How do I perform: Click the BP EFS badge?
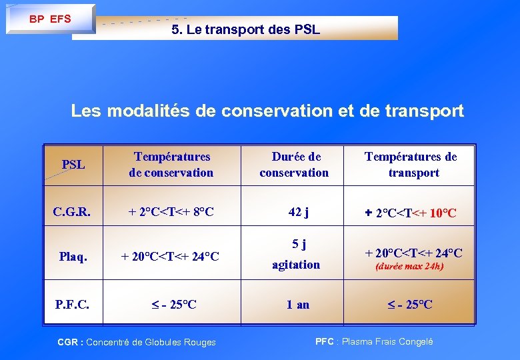click(x=50, y=19)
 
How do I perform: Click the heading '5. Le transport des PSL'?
click(x=245, y=29)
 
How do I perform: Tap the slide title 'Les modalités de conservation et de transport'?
click(x=267, y=111)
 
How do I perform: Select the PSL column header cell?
click(x=73, y=164)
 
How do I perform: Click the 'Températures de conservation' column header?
click(x=171, y=165)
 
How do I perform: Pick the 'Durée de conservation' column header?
click(x=294, y=165)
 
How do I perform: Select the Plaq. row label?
click(x=73, y=257)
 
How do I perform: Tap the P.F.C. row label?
click(x=73, y=304)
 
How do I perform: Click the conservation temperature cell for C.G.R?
click(x=171, y=213)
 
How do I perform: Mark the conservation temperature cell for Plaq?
click(x=171, y=257)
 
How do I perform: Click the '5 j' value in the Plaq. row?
click(x=296, y=244)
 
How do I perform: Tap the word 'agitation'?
click(x=296, y=265)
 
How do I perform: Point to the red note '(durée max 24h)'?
click(x=409, y=266)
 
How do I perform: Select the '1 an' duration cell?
click(x=297, y=304)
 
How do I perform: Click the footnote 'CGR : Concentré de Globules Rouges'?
click(x=137, y=342)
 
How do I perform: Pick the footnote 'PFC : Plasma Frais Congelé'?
click(x=373, y=341)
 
